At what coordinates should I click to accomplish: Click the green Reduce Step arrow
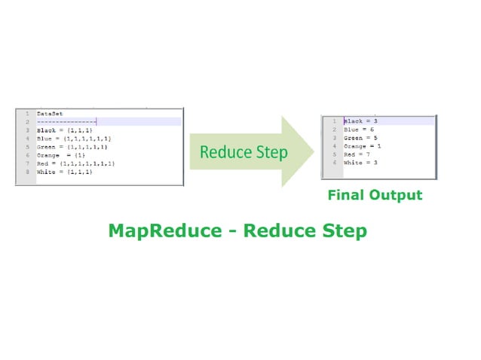pyautogui.click(x=249, y=153)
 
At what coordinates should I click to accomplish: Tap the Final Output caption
pyautogui.click(x=375, y=195)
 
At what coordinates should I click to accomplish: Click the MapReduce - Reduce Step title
pyautogui.click(x=237, y=230)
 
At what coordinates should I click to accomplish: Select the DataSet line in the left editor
pyautogui.click(x=50, y=114)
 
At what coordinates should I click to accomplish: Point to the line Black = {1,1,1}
pyautogui.click(x=64, y=130)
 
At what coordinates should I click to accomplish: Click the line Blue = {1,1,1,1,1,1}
pyautogui.click(x=74, y=139)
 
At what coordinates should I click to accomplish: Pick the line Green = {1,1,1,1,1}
pyautogui.click(x=72, y=147)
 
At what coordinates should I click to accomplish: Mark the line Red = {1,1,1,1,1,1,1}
pyautogui.click(x=75, y=163)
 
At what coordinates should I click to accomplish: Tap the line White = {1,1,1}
pyautogui.click(x=64, y=172)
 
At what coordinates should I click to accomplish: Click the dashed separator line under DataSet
pyautogui.click(x=66, y=122)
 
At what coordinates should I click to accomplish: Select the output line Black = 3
pyautogui.click(x=360, y=121)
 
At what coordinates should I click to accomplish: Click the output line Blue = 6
pyautogui.click(x=358, y=129)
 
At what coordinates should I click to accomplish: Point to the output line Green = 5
pyautogui.click(x=360, y=137)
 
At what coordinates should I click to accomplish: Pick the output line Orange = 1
pyautogui.click(x=362, y=145)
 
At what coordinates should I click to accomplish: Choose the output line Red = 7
pyautogui.click(x=357, y=154)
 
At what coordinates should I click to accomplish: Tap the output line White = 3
pyautogui.click(x=360, y=162)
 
